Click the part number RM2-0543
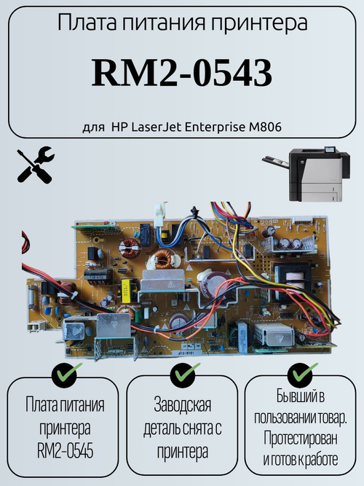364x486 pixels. (182, 74)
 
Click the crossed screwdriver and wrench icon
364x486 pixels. (36, 165)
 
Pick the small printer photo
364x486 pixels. (306, 174)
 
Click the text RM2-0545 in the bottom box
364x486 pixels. (65, 451)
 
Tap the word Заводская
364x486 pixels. (183, 405)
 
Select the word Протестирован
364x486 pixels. (300, 439)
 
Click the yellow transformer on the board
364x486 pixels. (126, 291)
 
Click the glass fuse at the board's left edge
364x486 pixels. (32, 297)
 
